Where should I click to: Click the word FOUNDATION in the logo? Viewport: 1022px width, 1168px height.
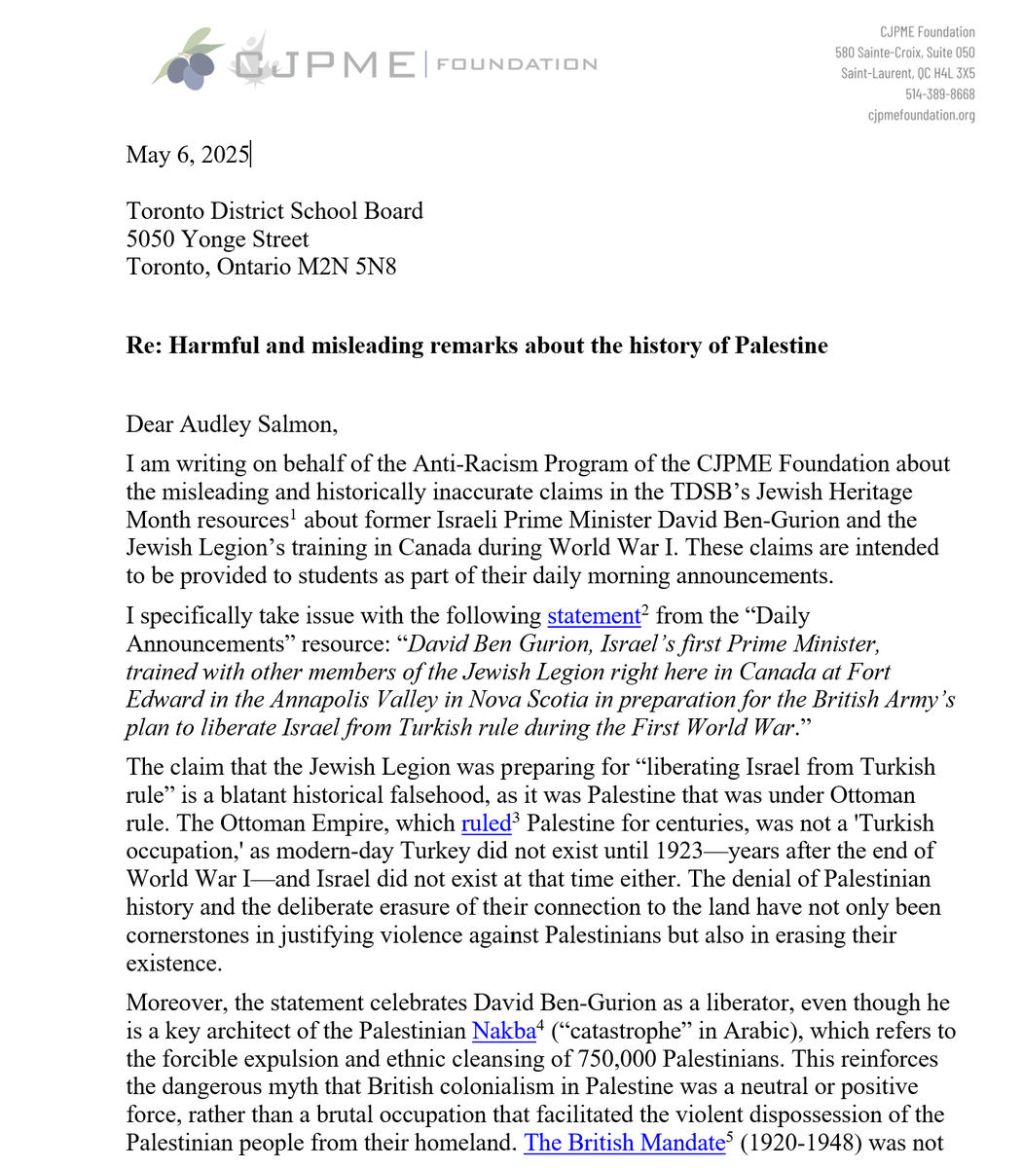click(x=517, y=64)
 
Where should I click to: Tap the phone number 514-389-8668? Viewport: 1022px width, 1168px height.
click(x=939, y=94)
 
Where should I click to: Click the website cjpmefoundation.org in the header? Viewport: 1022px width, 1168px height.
click(x=921, y=115)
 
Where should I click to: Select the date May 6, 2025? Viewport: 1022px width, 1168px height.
click(x=188, y=155)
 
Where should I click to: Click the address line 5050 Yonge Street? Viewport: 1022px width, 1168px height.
click(x=217, y=238)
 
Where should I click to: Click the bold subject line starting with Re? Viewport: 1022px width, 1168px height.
click(x=477, y=346)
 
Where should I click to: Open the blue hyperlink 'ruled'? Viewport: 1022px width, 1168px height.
click(x=486, y=822)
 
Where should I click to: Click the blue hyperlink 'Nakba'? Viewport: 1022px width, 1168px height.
click(x=503, y=1030)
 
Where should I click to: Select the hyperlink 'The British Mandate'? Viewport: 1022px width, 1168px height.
click(x=622, y=1143)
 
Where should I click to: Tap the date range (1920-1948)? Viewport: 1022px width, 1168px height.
click(x=795, y=1143)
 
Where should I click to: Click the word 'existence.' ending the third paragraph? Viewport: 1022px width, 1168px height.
click(x=173, y=964)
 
